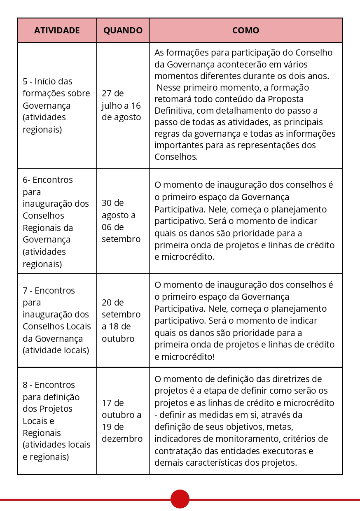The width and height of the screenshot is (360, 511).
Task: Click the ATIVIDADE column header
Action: pyautogui.click(x=57, y=30)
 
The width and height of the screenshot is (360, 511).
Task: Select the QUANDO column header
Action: pyautogui.click(x=123, y=30)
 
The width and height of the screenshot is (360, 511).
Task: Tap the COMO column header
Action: pyautogui.click(x=245, y=30)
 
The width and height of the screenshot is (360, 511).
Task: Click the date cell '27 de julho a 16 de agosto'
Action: pyautogui.click(x=121, y=105)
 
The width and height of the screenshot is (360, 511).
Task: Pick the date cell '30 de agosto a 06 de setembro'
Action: pyautogui.click(x=121, y=221)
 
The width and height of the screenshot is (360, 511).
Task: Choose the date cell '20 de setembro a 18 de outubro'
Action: pyautogui.click(x=121, y=321)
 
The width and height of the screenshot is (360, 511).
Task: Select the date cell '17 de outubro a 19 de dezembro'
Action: pyautogui.click(x=122, y=421)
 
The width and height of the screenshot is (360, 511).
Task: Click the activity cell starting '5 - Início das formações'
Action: pyautogui.click(x=56, y=105)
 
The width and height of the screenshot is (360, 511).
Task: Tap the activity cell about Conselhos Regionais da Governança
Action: pyautogui.click(x=56, y=222)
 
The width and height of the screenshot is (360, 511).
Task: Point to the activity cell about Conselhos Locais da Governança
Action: pyautogui.click(x=57, y=321)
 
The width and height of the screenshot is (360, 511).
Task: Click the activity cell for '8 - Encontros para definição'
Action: pyautogui.click(x=56, y=421)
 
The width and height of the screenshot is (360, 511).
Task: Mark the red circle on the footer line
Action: pyautogui.click(x=180, y=499)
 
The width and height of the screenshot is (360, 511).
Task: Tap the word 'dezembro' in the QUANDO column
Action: pyautogui.click(x=122, y=439)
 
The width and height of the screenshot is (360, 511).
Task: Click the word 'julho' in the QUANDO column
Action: pyautogui.click(x=112, y=105)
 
